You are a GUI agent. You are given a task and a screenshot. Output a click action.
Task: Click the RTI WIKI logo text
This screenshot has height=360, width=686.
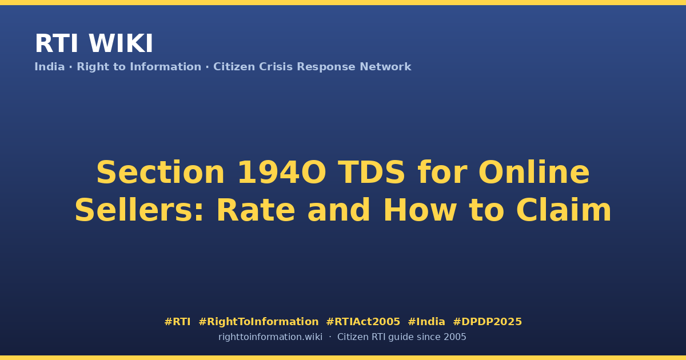pyautogui.click(x=94, y=43)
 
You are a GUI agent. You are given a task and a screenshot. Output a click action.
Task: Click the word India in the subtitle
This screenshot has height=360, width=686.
pyautogui.click(x=50, y=67)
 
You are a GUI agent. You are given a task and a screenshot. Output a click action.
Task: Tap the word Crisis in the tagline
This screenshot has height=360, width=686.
pyautogui.click(x=276, y=67)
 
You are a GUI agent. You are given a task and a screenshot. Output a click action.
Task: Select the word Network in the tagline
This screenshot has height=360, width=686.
pyautogui.click(x=385, y=67)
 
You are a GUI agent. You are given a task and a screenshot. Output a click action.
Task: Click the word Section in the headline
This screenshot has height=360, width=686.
pyautogui.click(x=161, y=173)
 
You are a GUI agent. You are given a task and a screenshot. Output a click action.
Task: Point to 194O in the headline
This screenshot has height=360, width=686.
pyautogui.click(x=282, y=173)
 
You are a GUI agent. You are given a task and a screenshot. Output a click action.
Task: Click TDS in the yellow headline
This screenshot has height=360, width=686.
pyautogui.click(x=372, y=173)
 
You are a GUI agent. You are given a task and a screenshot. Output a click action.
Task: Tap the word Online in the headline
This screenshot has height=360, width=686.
pyautogui.click(x=534, y=173)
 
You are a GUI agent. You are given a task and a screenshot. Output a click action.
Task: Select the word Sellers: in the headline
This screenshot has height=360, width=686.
pyautogui.click(x=139, y=210)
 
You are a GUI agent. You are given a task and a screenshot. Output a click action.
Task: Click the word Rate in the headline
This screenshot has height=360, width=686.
pyautogui.click(x=256, y=210)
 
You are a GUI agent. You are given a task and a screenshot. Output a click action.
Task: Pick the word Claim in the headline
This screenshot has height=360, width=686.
pyautogui.click(x=564, y=210)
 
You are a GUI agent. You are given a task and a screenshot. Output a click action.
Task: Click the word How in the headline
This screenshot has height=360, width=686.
pyautogui.click(x=420, y=210)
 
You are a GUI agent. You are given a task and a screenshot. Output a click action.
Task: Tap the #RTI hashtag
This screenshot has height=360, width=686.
pyautogui.click(x=177, y=322)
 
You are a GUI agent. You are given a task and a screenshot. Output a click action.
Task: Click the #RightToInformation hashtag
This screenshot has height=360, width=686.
pyautogui.click(x=258, y=322)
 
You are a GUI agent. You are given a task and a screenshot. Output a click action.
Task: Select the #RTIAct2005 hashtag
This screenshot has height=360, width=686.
pyautogui.click(x=363, y=322)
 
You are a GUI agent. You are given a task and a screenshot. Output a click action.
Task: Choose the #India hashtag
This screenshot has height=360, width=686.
pyautogui.click(x=426, y=322)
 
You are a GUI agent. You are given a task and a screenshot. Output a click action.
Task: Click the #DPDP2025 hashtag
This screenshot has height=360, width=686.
pyautogui.click(x=487, y=322)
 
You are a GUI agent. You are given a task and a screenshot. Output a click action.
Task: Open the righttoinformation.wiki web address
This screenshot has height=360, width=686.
pyautogui.click(x=270, y=337)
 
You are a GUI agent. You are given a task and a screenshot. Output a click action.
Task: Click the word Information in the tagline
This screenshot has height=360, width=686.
pyautogui.click(x=165, y=67)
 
